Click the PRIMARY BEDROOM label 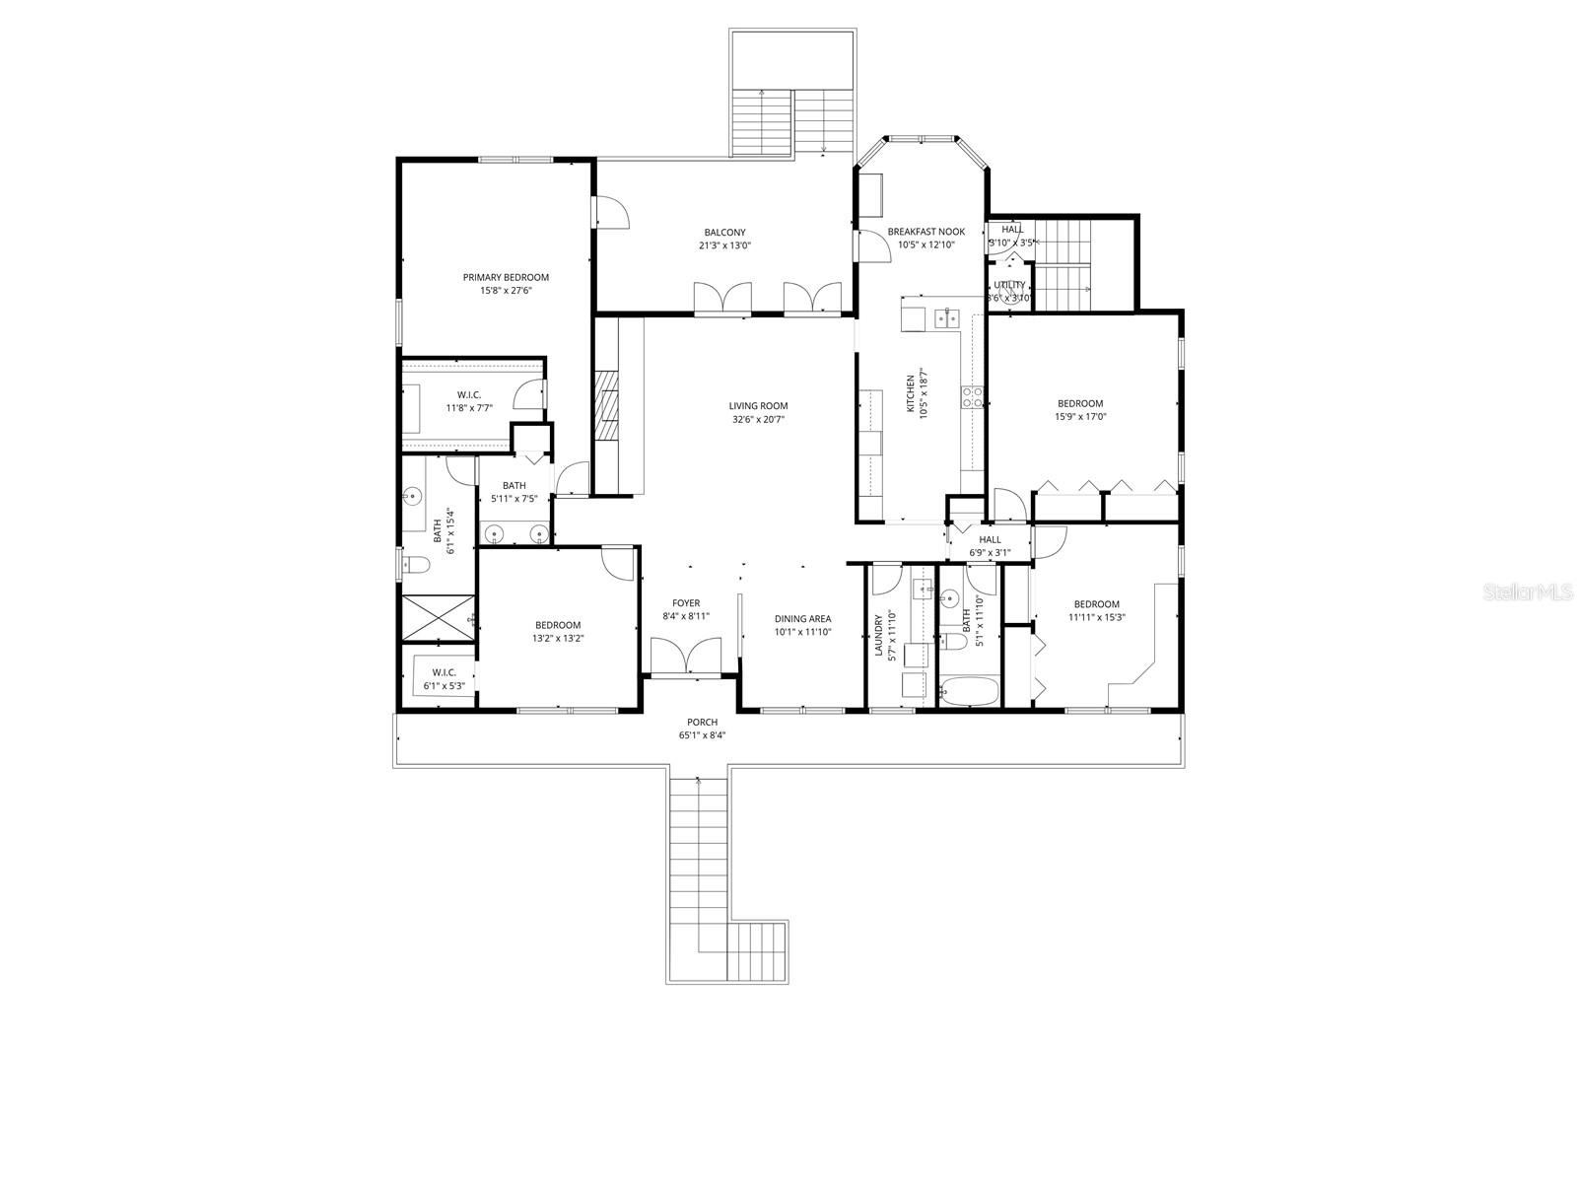click(x=506, y=277)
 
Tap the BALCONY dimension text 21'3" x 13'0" click(x=724, y=245)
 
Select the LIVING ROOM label click(x=758, y=405)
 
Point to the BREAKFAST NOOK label click(x=926, y=232)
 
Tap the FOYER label click(x=686, y=603)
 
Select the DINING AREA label click(x=802, y=619)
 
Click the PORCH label click(x=702, y=723)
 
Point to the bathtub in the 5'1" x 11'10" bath click(x=969, y=692)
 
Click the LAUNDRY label click(x=878, y=636)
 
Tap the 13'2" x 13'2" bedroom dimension click(x=558, y=638)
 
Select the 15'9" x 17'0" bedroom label click(x=1080, y=403)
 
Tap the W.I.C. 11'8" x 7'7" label click(x=469, y=394)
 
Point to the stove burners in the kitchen click(x=973, y=397)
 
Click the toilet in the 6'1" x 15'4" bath click(x=417, y=566)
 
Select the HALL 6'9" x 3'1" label click(x=990, y=539)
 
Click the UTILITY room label click(x=1009, y=285)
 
